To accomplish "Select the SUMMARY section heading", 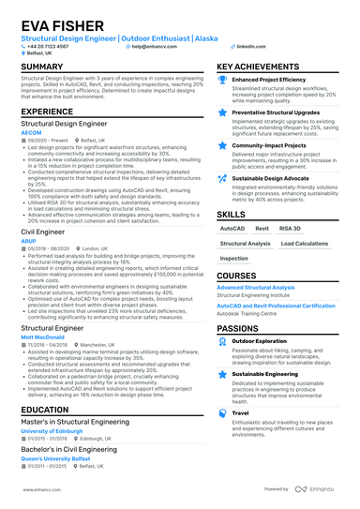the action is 43,67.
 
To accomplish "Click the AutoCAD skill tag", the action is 232,228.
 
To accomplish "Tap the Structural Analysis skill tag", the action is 245,243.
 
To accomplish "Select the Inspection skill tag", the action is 234,258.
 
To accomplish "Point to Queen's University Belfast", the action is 61,457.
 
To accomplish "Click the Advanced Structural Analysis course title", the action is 255,288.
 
